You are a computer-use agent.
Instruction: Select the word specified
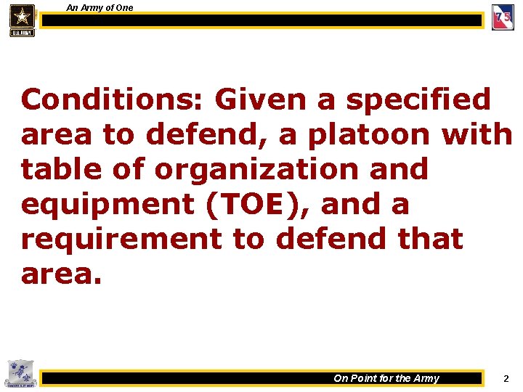click(421, 99)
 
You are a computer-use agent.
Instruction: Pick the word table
click(64, 169)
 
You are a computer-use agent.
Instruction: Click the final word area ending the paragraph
click(63, 274)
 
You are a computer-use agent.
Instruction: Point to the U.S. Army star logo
click(22, 19)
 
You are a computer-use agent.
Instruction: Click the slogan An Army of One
click(100, 7)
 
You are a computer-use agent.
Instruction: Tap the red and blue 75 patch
click(503, 18)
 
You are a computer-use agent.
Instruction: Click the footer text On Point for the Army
click(386, 378)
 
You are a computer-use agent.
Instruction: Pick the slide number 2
click(506, 378)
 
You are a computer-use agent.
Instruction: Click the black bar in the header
click(261, 20)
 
